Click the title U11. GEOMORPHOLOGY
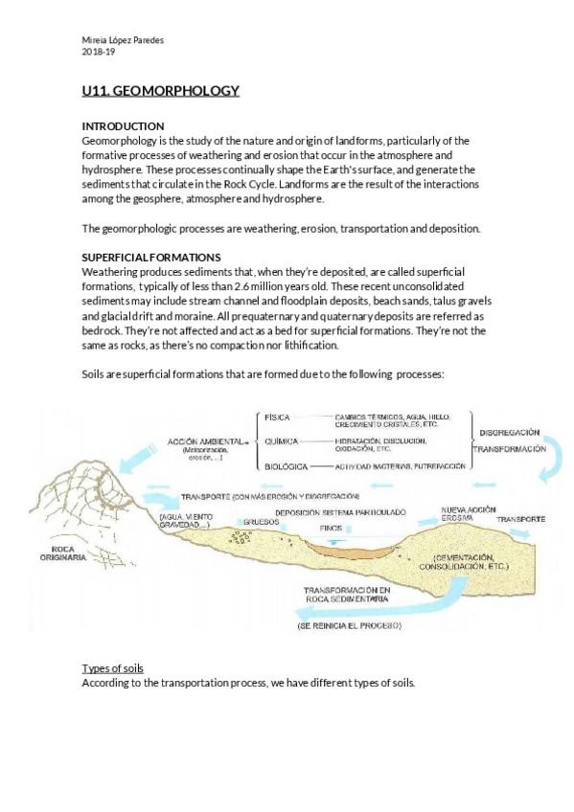point(160,91)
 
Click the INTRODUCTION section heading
point(123,126)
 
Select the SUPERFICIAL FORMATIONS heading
point(151,258)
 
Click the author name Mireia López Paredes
point(123,39)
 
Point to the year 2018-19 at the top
point(98,52)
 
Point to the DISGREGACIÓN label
point(510,432)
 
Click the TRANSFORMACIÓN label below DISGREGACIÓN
point(510,449)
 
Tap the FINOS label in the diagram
point(331,528)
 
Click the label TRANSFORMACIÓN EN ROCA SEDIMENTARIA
point(346,595)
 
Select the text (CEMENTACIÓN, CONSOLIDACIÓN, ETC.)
point(470,561)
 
